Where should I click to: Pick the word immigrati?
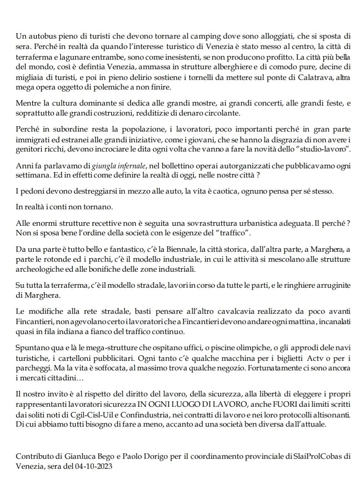tap(32, 139)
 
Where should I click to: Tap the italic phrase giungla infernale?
tap(118, 166)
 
